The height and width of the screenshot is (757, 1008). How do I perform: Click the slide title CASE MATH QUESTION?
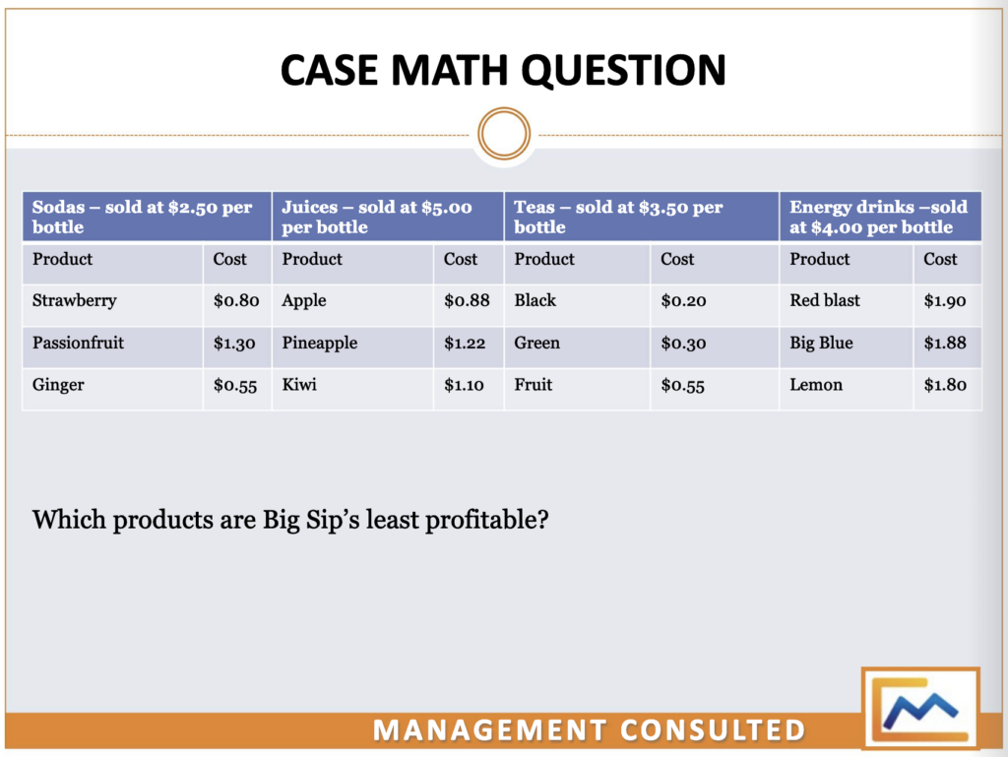click(x=503, y=70)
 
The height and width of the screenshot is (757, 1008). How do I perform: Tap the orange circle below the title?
click(x=503, y=133)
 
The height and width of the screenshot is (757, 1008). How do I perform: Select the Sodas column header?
click(x=146, y=217)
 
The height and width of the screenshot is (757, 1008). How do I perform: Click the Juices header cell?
click(x=387, y=217)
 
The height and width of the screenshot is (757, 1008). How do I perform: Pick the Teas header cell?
click(x=641, y=217)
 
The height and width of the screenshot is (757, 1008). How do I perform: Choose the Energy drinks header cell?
click(x=880, y=217)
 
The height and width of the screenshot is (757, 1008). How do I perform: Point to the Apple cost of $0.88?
click(x=467, y=301)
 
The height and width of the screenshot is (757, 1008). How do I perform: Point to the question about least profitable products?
click(x=290, y=519)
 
